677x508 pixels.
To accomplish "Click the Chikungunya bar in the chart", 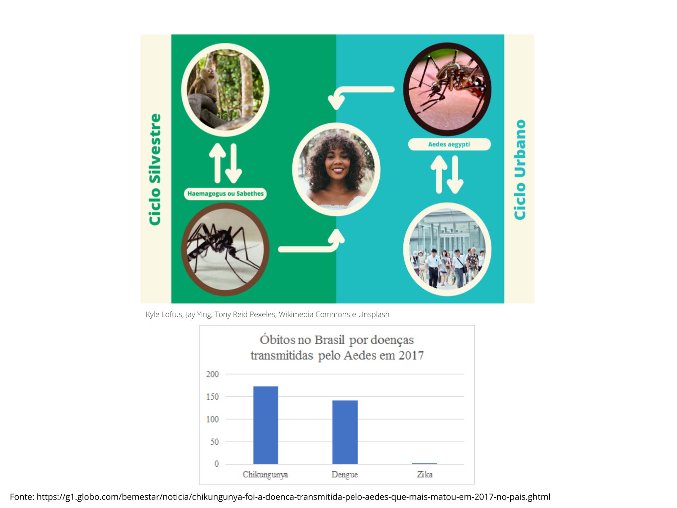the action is coord(266,425).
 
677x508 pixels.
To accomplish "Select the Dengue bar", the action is coord(345,432).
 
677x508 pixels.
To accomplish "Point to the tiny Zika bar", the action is coord(424,463).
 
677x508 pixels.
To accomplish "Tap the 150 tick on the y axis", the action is coord(212,397).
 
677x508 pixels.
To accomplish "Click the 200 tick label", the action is coord(212,374).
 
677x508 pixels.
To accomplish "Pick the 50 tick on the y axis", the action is coord(215,442).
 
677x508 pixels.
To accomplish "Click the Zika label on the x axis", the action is coord(424,475).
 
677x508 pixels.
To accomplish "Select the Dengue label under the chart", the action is coord(344,475).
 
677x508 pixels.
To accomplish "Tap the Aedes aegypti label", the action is coord(449,144).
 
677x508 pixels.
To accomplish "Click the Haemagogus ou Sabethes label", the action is coord(226,194).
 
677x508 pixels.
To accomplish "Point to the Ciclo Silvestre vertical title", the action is coord(155,169).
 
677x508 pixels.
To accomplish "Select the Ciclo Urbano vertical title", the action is coord(520,170).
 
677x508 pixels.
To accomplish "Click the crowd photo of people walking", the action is coord(447,249).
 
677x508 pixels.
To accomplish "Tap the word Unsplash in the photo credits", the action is coord(374,314).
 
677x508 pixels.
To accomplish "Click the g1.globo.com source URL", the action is coord(293,497).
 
